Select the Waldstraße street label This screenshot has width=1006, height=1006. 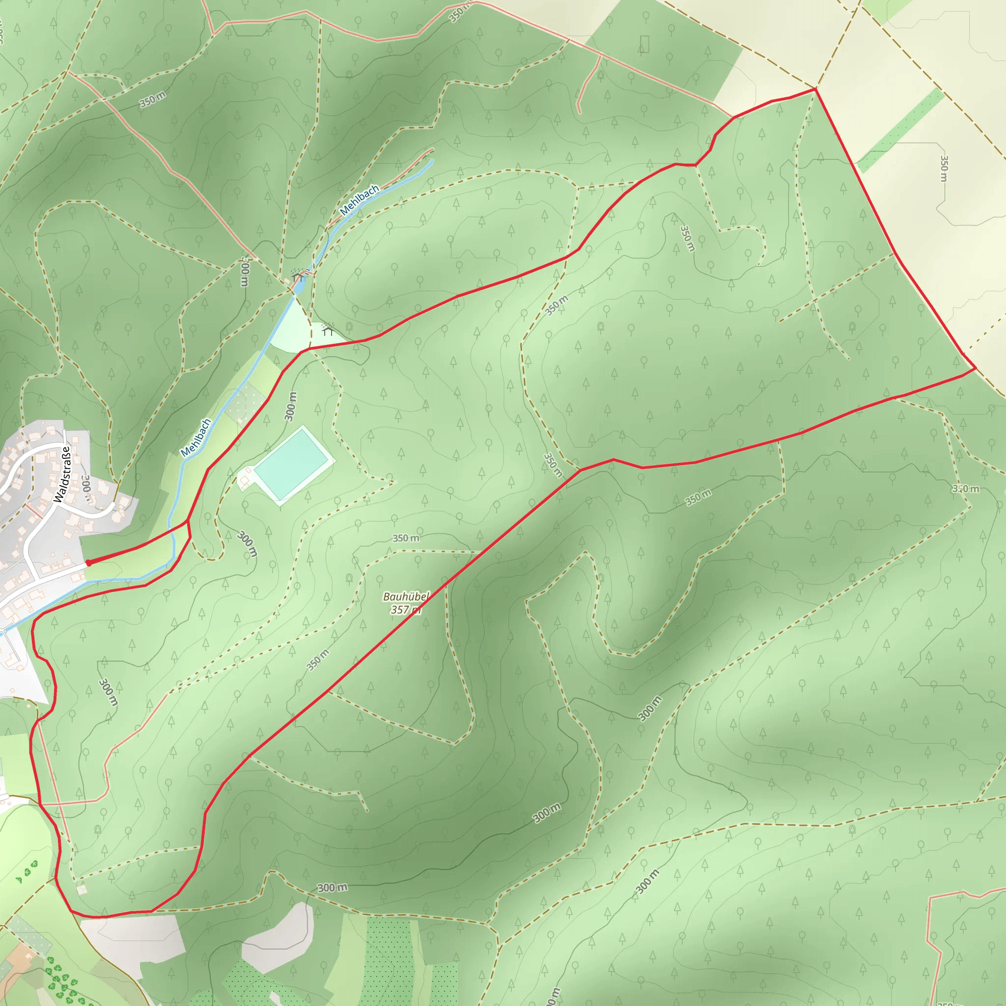62,475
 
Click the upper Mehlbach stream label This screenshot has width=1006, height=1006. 359,200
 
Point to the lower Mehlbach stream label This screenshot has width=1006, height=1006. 196,437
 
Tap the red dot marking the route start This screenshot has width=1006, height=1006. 88,563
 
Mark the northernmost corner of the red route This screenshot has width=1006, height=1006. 815,89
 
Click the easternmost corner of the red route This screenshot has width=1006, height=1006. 975,368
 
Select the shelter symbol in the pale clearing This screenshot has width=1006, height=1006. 328,330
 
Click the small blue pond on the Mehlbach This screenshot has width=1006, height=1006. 300,285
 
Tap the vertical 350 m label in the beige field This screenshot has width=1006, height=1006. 944,168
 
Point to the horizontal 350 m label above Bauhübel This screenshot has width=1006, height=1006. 406,538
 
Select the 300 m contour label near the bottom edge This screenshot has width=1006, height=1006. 332,888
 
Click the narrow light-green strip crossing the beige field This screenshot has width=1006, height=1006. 901,130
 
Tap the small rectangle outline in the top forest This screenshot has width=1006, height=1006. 644,44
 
